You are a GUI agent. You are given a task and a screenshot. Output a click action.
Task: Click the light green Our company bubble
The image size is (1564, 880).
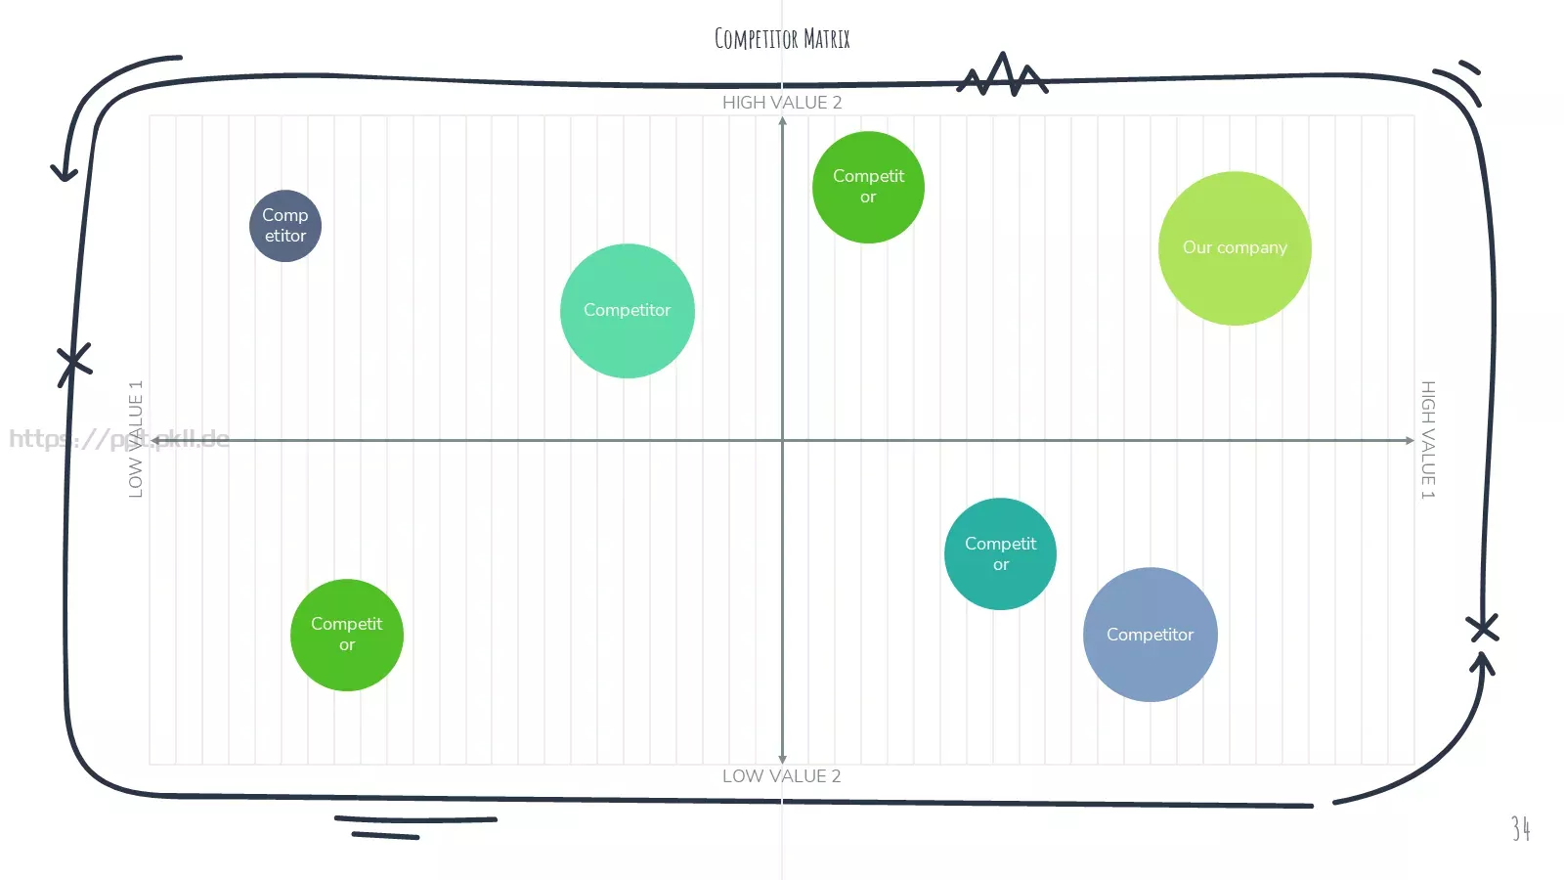pyautogui.click(x=1235, y=248)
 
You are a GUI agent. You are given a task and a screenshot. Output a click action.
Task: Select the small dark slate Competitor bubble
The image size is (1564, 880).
pyautogui.click(x=285, y=226)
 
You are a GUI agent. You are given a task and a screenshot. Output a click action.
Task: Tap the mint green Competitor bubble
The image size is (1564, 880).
pyautogui.click(x=627, y=311)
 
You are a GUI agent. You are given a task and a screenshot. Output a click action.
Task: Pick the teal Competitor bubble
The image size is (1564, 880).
pyautogui.click(x=1000, y=553)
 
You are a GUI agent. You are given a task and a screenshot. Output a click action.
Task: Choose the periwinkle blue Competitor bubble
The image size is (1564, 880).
pyautogui.click(x=1150, y=635)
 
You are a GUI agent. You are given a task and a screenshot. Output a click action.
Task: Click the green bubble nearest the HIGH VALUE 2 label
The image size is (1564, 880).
pyautogui.click(x=868, y=187)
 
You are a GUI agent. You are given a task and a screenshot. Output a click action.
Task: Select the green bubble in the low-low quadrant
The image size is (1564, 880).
pyautogui.click(x=346, y=635)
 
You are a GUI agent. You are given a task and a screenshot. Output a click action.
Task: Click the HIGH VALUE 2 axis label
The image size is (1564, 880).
pyautogui.click(x=782, y=103)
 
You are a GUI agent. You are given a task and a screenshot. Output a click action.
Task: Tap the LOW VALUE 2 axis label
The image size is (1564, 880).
pyautogui.click(x=781, y=776)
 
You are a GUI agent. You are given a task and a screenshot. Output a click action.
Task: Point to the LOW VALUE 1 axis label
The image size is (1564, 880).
pyautogui.click(x=136, y=439)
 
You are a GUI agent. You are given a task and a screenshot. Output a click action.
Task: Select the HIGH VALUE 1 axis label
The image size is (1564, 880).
pyautogui.click(x=1428, y=440)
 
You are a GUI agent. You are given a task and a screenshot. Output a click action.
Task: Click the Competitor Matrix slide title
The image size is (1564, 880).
pyautogui.click(x=782, y=38)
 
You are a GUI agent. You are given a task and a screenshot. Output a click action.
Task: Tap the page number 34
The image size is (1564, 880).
pyautogui.click(x=1521, y=828)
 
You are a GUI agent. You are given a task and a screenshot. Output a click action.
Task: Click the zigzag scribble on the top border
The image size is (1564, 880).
pyautogui.click(x=1002, y=74)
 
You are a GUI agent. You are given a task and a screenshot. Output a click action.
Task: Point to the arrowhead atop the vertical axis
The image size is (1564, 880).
pyautogui.click(x=783, y=121)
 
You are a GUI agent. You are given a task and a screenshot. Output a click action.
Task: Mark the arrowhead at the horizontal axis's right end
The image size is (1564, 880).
pyautogui.click(x=1410, y=440)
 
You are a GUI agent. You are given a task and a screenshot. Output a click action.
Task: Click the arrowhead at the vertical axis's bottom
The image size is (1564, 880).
pyautogui.click(x=782, y=759)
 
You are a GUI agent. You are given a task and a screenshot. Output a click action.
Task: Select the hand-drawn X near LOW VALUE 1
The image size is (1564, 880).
pyautogui.click(x=74, y=363)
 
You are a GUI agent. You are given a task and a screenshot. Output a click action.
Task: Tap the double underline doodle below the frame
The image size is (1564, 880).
pyautogui.click(x=415, y=827)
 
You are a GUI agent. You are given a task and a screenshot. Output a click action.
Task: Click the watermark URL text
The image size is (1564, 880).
pyautogui.click(x=119, y=439)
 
